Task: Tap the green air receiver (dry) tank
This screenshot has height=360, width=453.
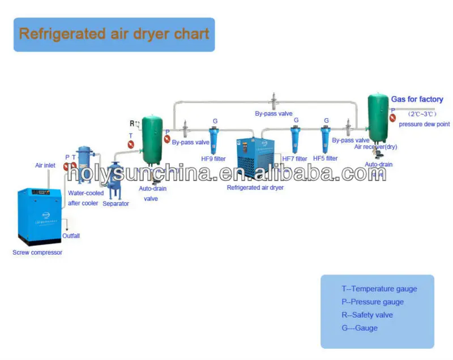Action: click(378, 119)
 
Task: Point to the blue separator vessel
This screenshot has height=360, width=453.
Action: click(116, 179)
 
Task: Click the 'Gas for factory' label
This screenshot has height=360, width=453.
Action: click(417, 99)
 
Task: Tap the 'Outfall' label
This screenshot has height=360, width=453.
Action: click(71, 235)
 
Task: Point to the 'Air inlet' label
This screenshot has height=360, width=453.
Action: click(46, 165)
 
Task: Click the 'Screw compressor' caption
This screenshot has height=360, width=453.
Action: click(37, 252)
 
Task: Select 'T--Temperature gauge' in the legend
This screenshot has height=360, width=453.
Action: click(379, 289)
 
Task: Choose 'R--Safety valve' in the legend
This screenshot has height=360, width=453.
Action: click(367, 315)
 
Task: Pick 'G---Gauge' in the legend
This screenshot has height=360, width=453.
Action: click(359, 328)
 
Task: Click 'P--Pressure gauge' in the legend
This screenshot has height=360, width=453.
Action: click(373, 302)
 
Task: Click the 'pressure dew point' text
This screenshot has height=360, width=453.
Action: click(424, 124)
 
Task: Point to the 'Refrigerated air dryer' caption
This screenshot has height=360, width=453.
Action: click(255, 187)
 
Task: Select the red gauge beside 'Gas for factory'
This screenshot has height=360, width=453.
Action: click(392, 118)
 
